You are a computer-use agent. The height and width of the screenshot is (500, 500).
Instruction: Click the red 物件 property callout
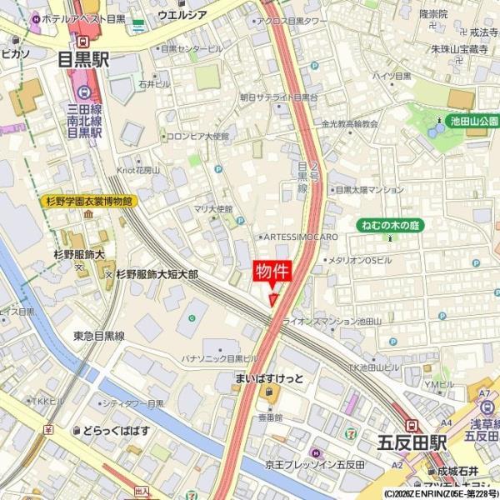(272, 272)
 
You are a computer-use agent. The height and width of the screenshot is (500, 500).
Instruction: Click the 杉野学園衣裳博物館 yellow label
(87, 201)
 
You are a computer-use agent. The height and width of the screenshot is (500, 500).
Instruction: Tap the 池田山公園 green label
(473, 121)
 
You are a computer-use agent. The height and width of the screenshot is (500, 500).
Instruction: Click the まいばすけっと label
(268, 378)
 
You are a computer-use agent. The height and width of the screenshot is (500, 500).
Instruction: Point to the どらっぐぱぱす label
(116, 430)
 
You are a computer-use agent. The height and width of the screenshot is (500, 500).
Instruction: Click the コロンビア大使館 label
(197, 136)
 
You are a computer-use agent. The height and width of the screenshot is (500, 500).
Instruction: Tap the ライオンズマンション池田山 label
(332, 321)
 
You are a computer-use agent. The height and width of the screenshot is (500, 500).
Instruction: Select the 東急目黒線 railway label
(98, 336)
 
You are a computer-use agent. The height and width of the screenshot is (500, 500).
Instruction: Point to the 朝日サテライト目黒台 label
(278, 97)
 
